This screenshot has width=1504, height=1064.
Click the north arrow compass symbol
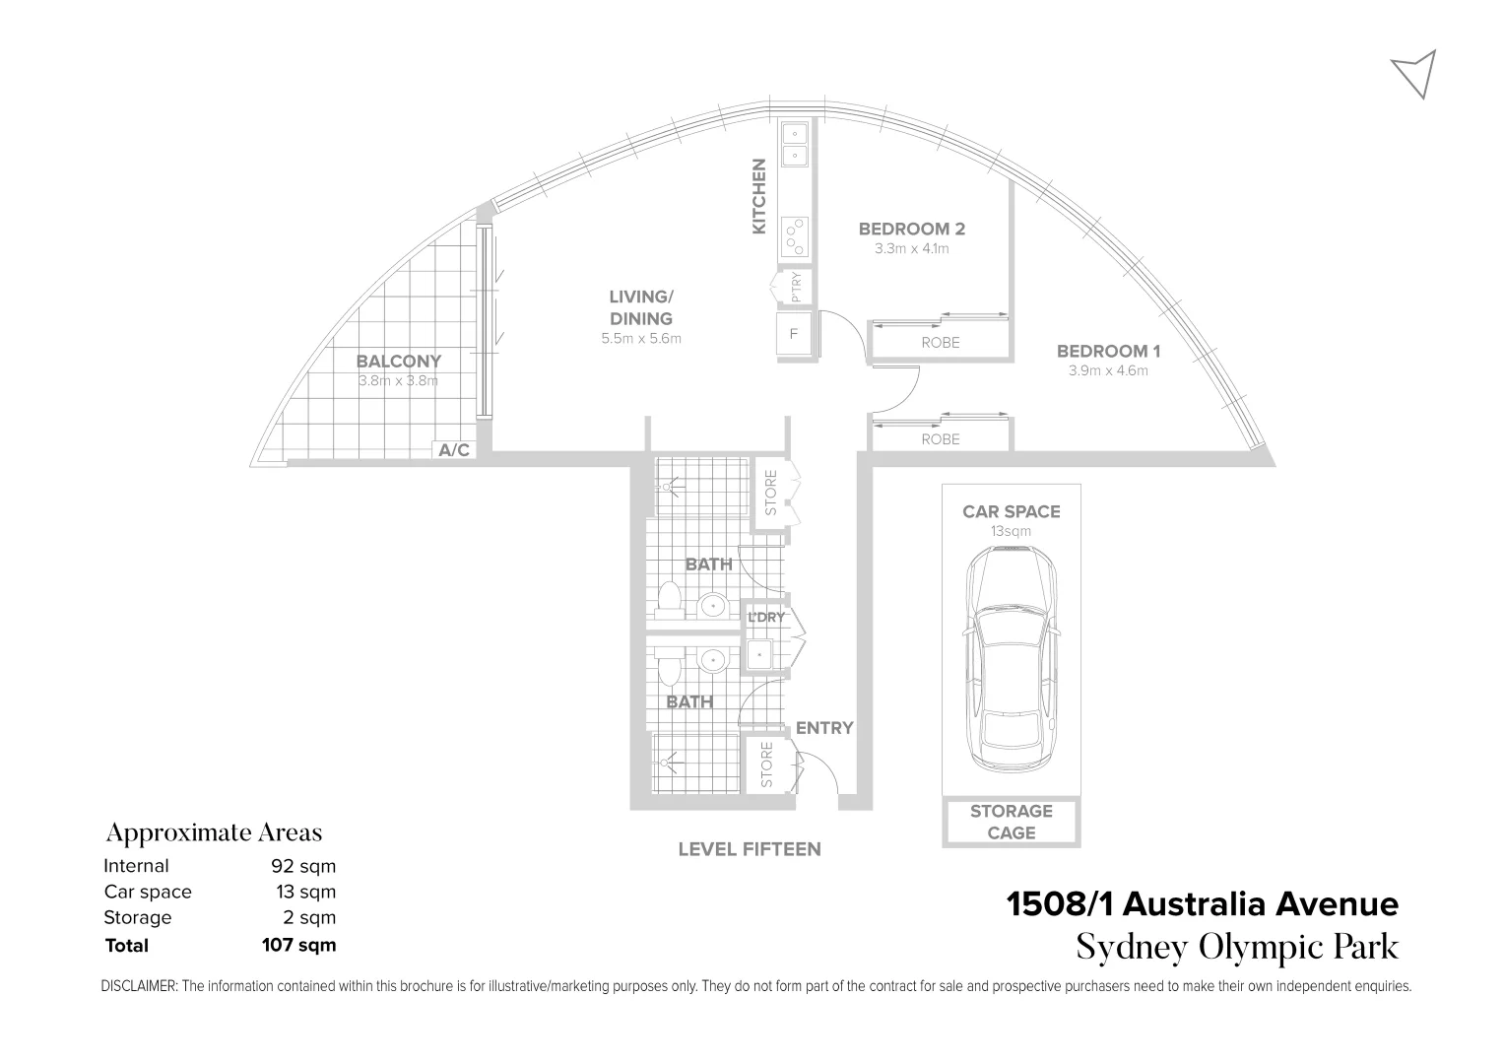tap(1416, 72)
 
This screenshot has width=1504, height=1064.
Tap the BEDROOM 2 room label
tap(911, 229)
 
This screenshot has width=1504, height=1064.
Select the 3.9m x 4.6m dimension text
tap(1108, 371)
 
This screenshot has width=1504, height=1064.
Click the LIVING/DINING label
tap(640, 307)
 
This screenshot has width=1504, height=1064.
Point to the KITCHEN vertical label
tap(759, 197)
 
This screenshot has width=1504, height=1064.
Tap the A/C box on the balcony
tap(454, 450)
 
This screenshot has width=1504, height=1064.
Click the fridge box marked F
tap(793, 334)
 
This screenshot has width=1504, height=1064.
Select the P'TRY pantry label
tap(796, 287)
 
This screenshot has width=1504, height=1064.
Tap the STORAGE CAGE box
tap(1012, 823)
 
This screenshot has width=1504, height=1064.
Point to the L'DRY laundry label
tap(766, 618)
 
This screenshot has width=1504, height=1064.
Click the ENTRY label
tap(824, 728)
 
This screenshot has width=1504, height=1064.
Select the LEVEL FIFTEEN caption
tap(749, 849)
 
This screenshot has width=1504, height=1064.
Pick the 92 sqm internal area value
tap(303, 866)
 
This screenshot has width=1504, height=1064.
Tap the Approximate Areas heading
tap(214, 832)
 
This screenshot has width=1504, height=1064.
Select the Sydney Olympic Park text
tap(1237, 947)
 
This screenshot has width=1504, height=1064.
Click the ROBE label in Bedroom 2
tap(940, 343)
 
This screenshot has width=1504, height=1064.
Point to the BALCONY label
tap(399, 362)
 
